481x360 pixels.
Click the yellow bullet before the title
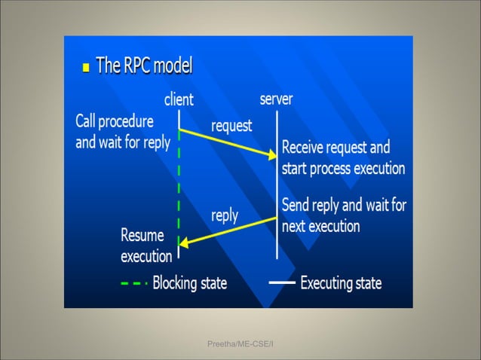[86, 68]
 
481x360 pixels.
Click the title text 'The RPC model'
[144, 66]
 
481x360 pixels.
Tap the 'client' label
[179, 99]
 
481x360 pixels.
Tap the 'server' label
[276, 99]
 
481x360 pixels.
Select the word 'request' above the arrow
[231, 126]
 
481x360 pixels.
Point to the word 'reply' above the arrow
[225, 215]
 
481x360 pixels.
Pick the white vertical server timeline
[277, 188]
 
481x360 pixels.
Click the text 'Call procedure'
[115, 121]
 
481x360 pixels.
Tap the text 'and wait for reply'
[123, 142]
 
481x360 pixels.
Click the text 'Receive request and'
[336, 147]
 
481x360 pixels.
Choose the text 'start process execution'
[343, 168]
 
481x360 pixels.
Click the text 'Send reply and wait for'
[344, 205]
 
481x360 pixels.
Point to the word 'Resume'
[142, 235]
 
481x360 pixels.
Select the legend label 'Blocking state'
[190, 284]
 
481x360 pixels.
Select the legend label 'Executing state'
[341, 284]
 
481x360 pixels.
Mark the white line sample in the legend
[282, 284]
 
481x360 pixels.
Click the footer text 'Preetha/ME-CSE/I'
[240, 344]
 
